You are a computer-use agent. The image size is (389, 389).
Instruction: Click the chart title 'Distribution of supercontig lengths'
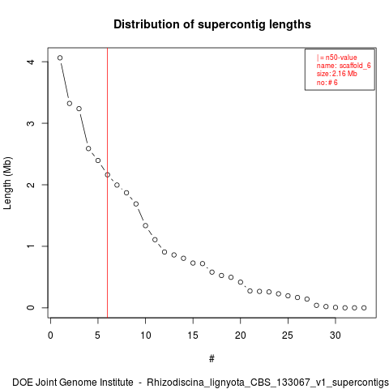click(x=212, y=24)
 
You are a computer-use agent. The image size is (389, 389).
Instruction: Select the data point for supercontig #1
click(x=60, y=58)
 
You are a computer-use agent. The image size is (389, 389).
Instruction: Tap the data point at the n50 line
click(x=108, y=175)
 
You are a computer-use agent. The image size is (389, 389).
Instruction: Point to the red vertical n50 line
click(x=108, y=182)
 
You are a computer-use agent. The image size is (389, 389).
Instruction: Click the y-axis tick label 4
click(x=31, y=62)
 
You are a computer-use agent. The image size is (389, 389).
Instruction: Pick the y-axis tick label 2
click(x=31, y=185)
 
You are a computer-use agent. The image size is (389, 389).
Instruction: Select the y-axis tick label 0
click(x=31, y=308)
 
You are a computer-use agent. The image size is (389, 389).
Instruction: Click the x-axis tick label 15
click(x=193, y=336)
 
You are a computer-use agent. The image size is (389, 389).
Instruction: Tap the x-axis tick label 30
click(x=336, y=336)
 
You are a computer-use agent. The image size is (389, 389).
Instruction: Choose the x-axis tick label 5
click(x=98, y=336)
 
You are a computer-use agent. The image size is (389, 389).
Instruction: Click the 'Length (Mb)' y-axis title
click(x=7, y=183)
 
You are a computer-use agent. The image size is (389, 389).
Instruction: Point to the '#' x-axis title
click(x=212, y=359)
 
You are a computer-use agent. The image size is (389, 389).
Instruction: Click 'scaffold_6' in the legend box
click(x=355, y=66)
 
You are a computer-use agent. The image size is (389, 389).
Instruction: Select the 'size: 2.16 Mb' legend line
click(x=337, y=74)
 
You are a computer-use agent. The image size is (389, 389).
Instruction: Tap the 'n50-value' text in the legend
click(x=341, y=58)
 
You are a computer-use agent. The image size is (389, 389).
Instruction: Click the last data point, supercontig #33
click(x=364, y=308)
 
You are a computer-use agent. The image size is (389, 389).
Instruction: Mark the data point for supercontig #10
click(x=145, y=225)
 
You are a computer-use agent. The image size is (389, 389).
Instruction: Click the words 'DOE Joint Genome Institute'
click(x=73, y=383)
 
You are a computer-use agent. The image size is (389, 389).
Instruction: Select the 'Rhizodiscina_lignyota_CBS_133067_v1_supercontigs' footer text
click(x=267, y=383)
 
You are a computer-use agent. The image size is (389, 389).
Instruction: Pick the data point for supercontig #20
click(x=241, y=282)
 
